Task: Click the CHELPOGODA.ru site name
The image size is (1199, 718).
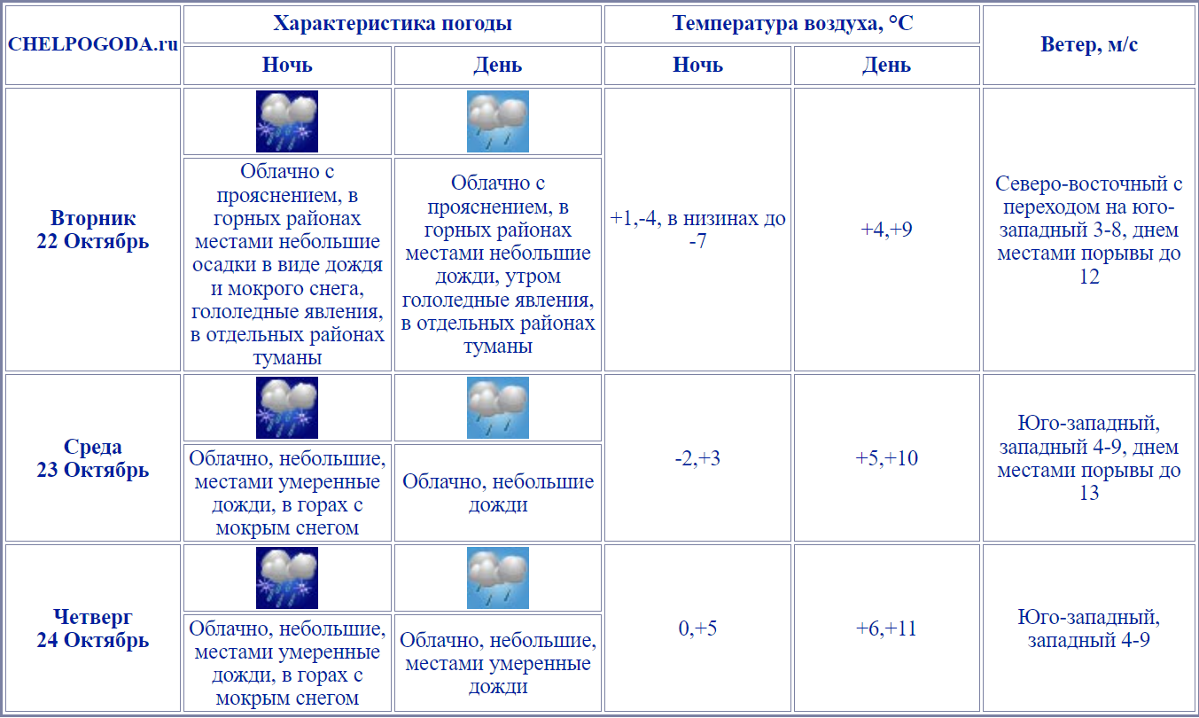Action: [x=93, y=45]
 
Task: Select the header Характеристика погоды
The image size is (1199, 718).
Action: [x=393, y=24]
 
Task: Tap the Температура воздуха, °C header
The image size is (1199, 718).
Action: [x=792, y=24]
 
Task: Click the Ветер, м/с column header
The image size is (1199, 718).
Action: [x=1089, y=45]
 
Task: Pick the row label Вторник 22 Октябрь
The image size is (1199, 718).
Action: [x=93, y=230]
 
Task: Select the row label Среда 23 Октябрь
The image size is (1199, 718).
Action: [x=93, y=458]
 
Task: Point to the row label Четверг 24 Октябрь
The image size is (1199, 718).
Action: [x=93, y=628]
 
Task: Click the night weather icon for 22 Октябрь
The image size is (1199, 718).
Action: [x=287, y=121]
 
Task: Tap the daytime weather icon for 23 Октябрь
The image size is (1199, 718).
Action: [x=498, y=408]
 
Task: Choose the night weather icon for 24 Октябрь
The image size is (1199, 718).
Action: [x=287, y=578]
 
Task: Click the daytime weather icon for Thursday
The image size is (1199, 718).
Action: [x=498, y=578]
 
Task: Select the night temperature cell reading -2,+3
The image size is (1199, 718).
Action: [x=697, y=458]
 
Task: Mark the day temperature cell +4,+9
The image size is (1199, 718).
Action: [x=886, y=230]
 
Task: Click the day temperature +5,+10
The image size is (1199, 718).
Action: [x=886, y=458]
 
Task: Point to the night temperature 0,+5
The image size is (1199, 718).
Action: [x=697, y=628]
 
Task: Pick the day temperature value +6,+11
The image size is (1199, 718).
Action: [x=886, y=628]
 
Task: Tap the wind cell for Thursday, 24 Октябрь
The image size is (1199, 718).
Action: [x=1089, y=628]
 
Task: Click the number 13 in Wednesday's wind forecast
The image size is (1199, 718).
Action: [x=1089, y=493]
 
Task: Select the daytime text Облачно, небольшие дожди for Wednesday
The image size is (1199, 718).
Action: [x=498, y=494]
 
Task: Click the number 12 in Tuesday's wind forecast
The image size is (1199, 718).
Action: [x=1089, y=277]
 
